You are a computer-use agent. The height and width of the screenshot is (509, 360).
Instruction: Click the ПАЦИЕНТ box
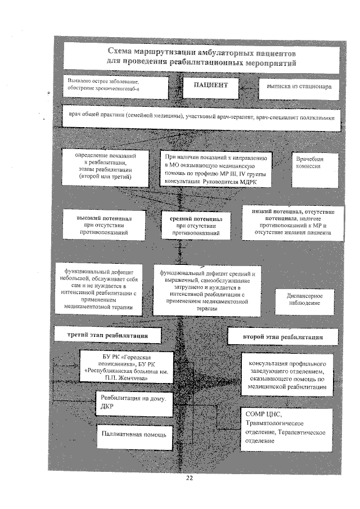(211, 86)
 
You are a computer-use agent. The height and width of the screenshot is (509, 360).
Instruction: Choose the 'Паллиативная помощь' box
(133, 434)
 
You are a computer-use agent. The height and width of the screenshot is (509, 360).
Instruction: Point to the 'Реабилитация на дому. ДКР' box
(133, 403)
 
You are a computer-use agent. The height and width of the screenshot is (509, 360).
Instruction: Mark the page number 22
(189, 478)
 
